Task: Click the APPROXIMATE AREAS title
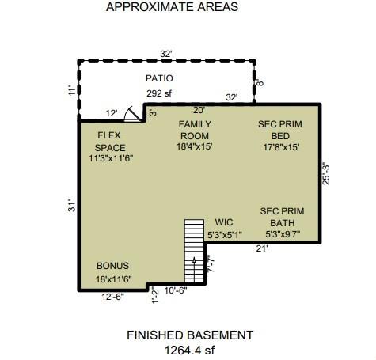click(172, 6)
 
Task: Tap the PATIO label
click(159, 78)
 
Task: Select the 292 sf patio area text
click(159, 93)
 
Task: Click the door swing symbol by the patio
click(132, 114)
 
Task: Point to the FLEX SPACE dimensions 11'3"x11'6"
click(111, 159)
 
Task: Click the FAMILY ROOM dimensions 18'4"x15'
click(195, 146)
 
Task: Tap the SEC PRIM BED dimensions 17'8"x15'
click(281, 147)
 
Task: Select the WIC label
click(224, 222)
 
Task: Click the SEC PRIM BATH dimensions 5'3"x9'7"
click(283, 234)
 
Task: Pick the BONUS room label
click(112, 266)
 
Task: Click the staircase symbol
click(194, 251)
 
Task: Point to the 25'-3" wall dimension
click(326, 175)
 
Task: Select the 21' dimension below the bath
click(262, 248)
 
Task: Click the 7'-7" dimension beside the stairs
click(211, 263)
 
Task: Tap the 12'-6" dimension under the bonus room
click(112, 297)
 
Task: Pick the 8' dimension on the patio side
click(260, 83)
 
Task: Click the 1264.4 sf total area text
click(189, 351)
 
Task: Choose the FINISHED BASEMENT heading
click(190, 335)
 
